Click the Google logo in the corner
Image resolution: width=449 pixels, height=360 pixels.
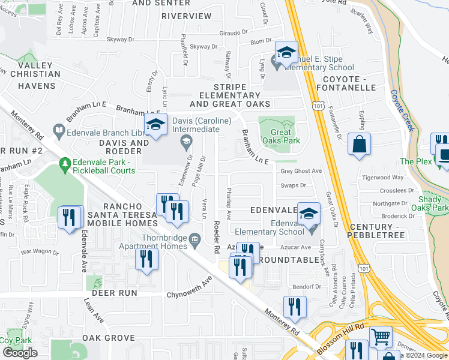pos(20,353)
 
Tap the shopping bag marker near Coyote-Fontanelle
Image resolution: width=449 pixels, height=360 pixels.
pos(359,145)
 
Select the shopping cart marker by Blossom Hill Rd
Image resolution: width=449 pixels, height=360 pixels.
pos(380,338)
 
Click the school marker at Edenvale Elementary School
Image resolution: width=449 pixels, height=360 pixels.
pos(309,213)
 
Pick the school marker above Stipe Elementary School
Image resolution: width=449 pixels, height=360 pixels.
pos(286,52)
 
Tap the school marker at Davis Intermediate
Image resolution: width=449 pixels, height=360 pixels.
pos(155,125)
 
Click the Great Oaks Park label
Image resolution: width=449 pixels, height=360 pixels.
pos(277,137)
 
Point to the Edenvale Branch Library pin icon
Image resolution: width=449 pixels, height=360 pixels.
pos(59,130)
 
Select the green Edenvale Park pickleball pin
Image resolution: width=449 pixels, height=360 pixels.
pos(64,163)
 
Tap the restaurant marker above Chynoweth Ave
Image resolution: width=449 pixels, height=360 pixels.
pos(146,259)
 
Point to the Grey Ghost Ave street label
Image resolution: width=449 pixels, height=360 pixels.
pos(301,171)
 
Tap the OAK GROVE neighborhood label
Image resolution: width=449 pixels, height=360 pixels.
pos(109,338)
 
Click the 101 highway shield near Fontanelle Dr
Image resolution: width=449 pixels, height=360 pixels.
pos(319,106)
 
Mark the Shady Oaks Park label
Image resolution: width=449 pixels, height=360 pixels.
pos(433,203)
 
